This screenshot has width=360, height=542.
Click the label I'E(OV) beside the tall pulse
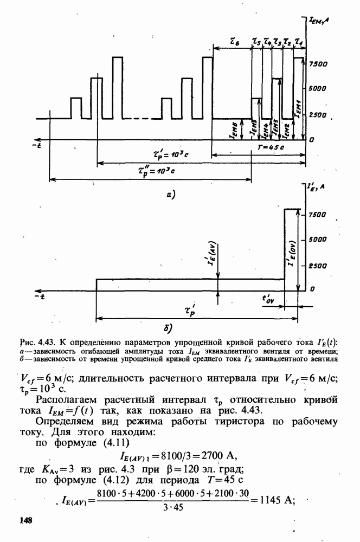(291, 255)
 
